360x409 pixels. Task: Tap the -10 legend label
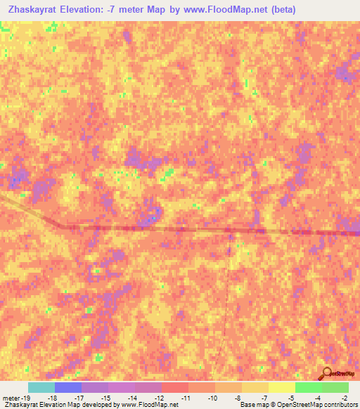tap(212, 398)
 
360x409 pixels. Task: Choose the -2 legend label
tap(344, 398)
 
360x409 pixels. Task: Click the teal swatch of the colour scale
tap(41, 387)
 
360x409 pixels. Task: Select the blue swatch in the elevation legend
tap(68, 387)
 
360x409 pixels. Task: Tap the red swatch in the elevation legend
tap(175, 387)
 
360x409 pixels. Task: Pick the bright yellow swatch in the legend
tap(281, 387)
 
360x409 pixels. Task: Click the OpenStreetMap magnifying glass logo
tap(326, 373)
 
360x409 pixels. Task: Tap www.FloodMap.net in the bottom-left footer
tap(150, 405)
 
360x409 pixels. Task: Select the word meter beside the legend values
tap(8, 398)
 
